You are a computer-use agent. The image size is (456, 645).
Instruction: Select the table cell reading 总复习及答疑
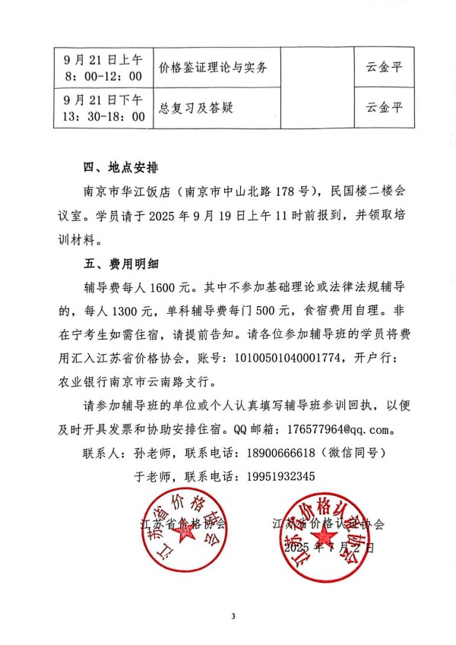tap(195, 108)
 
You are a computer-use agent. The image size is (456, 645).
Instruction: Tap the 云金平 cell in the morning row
tap(384, 69)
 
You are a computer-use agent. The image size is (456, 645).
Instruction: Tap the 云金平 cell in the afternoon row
tap(384, 108)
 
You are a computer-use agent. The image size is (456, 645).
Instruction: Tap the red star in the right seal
tap(319, 531)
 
